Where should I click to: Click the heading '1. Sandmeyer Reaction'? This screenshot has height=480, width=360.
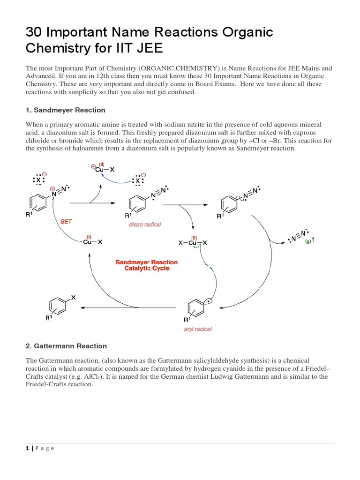[x=65, y=110]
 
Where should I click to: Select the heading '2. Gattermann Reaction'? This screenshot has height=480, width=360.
[x=66, y=346]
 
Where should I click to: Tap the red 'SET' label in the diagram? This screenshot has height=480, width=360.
[x=66, y=221]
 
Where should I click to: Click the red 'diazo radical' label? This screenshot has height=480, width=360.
[x=145, y=225]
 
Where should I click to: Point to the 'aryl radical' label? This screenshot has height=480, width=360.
[x=197, y=329]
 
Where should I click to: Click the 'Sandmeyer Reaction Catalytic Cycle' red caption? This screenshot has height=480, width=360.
[x=147, y=265]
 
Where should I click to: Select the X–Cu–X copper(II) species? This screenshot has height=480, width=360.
[x=193, y=243]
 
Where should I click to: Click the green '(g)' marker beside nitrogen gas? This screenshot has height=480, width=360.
[x=308, y=242]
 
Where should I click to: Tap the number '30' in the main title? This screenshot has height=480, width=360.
[x=34, y=32]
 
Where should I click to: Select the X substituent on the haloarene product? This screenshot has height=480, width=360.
[x=73, y=297]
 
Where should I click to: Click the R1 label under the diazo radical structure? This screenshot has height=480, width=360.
[x=128, y=216]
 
